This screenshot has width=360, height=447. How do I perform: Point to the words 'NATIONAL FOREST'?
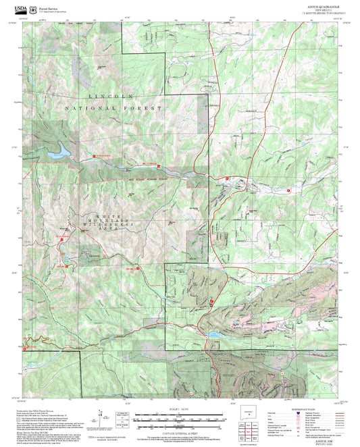pyautogui.click(x=114, y=108)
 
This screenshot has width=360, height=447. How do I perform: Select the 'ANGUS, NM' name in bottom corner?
pyautogui.click(x=324, y=439)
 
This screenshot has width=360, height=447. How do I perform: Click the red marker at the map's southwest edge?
pyautogui.click(x=26, y=349)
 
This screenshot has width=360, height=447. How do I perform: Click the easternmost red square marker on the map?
pyautogui.click(x=288, y=191)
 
